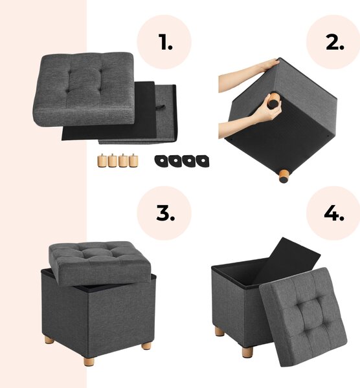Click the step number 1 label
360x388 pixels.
tap(165, 42)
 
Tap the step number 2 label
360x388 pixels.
tap(335, 42)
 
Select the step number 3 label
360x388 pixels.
tap(165, 213)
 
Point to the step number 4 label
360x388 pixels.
tap(334, 213)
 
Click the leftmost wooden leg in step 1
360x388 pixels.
tap(102, 160)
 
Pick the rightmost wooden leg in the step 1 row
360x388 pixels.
tap(133, 160)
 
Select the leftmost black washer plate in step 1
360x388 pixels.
tap(161, 161)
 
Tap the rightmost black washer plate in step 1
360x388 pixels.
tap(203, 161)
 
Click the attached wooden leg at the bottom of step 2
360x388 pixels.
tap(284, 176)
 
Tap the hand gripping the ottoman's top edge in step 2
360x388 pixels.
tap(268, 65)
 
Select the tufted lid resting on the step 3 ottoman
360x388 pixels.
tap(100, 263)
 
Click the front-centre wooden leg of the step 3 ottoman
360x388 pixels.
tap(89, 361)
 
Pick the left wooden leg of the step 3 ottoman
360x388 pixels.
tap(49, 340)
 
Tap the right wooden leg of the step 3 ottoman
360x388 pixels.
tap(146, 345)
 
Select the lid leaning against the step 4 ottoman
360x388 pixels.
tap(303, 317)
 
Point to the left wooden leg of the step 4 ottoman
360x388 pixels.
tap(219, 331)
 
